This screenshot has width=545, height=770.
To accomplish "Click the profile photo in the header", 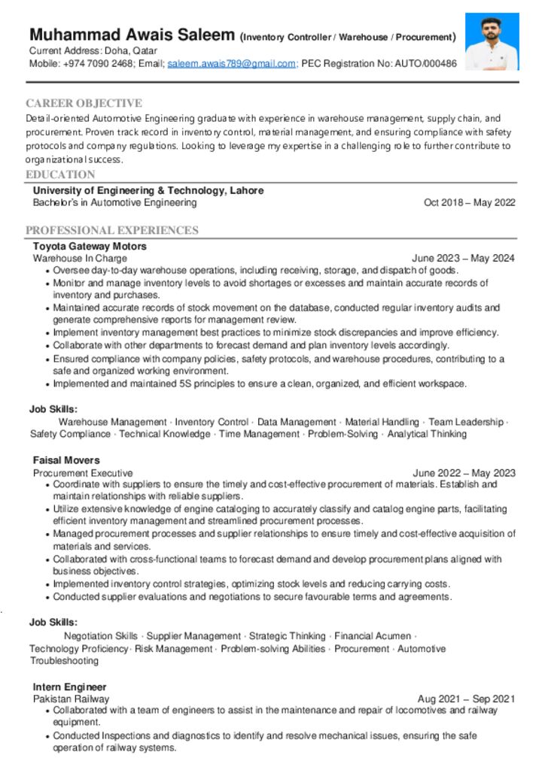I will (492, 41).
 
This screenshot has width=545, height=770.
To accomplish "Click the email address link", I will (231, 64).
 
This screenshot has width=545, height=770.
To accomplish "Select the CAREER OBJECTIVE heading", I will (84, 103).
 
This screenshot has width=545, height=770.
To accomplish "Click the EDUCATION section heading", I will (60, 174).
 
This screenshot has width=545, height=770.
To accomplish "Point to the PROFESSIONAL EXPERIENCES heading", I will (112, 230).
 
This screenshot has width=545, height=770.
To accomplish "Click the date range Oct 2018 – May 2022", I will (469, 202).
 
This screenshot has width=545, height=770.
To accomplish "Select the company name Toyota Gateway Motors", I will (90, 246).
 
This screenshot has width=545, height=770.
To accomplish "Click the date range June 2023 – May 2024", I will (464, 258).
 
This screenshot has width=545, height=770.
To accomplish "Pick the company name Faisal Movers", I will (66, 460).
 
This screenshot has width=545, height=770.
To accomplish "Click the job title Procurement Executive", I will (83, 473).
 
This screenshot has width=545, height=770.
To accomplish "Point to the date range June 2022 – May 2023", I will (464, 473).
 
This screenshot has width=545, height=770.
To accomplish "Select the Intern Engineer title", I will (69, 687).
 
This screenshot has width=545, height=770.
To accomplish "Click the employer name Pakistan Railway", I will (71, 699).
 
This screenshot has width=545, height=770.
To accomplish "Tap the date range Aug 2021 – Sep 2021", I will (467, 699).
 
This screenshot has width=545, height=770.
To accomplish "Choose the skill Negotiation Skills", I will (101, 636).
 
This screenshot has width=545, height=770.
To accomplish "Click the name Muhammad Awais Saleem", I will (132, 35).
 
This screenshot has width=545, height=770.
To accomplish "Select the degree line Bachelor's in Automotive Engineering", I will (114, 202).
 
